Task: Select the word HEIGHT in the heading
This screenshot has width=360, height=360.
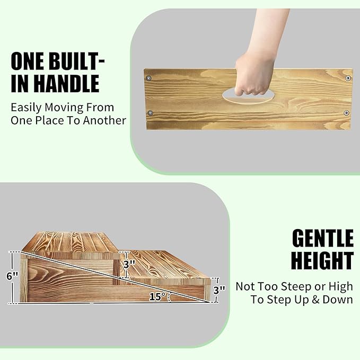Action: pos(322,261)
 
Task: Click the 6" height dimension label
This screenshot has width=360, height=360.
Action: pos(12,276)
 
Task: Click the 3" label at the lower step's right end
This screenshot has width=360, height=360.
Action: pos(219,289)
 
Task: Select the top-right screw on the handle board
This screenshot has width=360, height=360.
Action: pos(348,78)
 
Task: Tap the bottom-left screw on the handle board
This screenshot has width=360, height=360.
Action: pos(151,113)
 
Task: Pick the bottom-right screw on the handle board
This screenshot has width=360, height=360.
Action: pos(346,113)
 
